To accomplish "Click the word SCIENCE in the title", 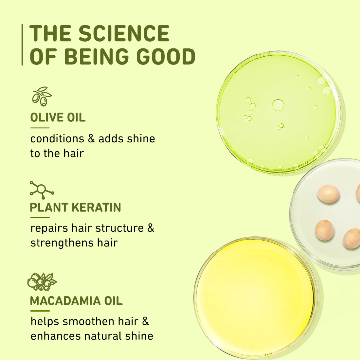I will tap(124, 33).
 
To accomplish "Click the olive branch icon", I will tap(42, 96).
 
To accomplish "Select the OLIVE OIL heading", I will tap(58, 117).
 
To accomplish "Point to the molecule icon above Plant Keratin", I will tap(42, 189).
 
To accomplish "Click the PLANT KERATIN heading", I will tap(76, 207).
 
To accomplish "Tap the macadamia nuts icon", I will tap(42, 281).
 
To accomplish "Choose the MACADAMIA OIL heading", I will tap(76, 301).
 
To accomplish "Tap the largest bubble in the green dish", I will tap(278, 105).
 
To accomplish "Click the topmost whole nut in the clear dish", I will tap(328, 193).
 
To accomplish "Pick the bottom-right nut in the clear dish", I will tap(352, 238).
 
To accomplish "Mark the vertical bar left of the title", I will tap(22, 45).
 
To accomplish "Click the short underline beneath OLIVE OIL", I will tap(40, 128).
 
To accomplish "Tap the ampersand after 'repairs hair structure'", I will tap(151, 228).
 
